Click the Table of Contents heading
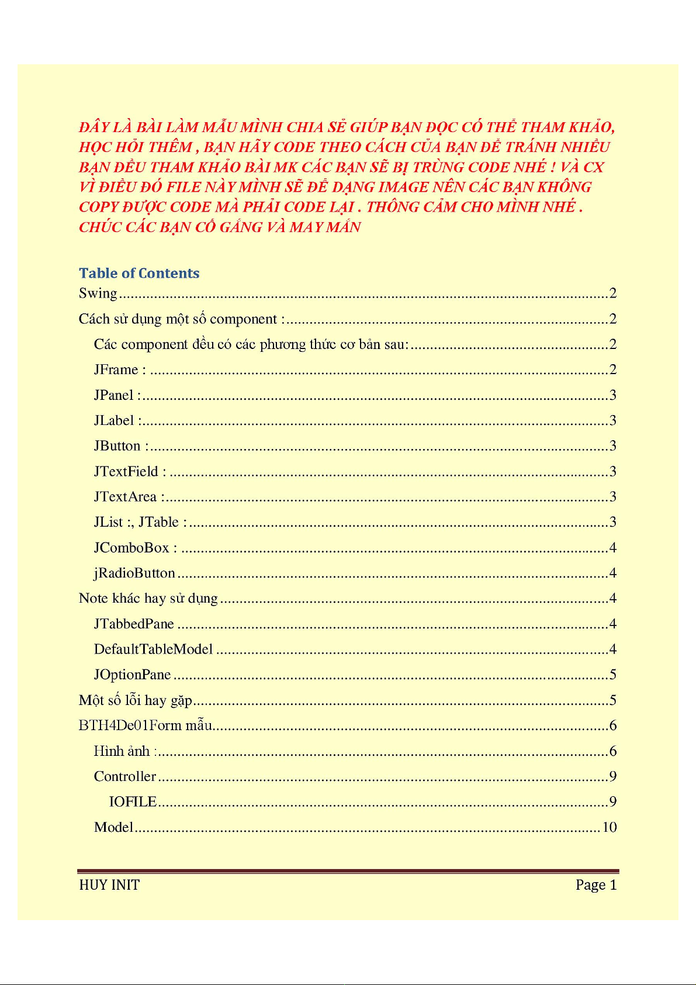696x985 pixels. (139, 273)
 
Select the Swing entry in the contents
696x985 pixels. (98, 293)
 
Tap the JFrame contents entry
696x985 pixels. (116, 369)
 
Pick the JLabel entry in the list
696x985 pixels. (115, 420)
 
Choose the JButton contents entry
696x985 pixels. (117, 446)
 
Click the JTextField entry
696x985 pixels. (126, 471)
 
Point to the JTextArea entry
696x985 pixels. (126, 497)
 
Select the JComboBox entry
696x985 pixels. (131, 548)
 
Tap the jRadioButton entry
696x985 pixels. (134, 573)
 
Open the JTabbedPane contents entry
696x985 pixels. (134, 624)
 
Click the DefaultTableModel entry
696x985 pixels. (153, 649)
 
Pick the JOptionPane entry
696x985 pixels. (132, 675)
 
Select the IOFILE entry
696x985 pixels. (133, 801)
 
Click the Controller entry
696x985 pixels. (125, 776)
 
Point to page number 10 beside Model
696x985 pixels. (610, 827)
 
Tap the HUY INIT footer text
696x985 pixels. (109, 885)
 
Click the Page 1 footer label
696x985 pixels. (595, 885)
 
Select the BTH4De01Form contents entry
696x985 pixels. (145, 725)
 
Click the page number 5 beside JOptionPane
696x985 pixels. (613, 675)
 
